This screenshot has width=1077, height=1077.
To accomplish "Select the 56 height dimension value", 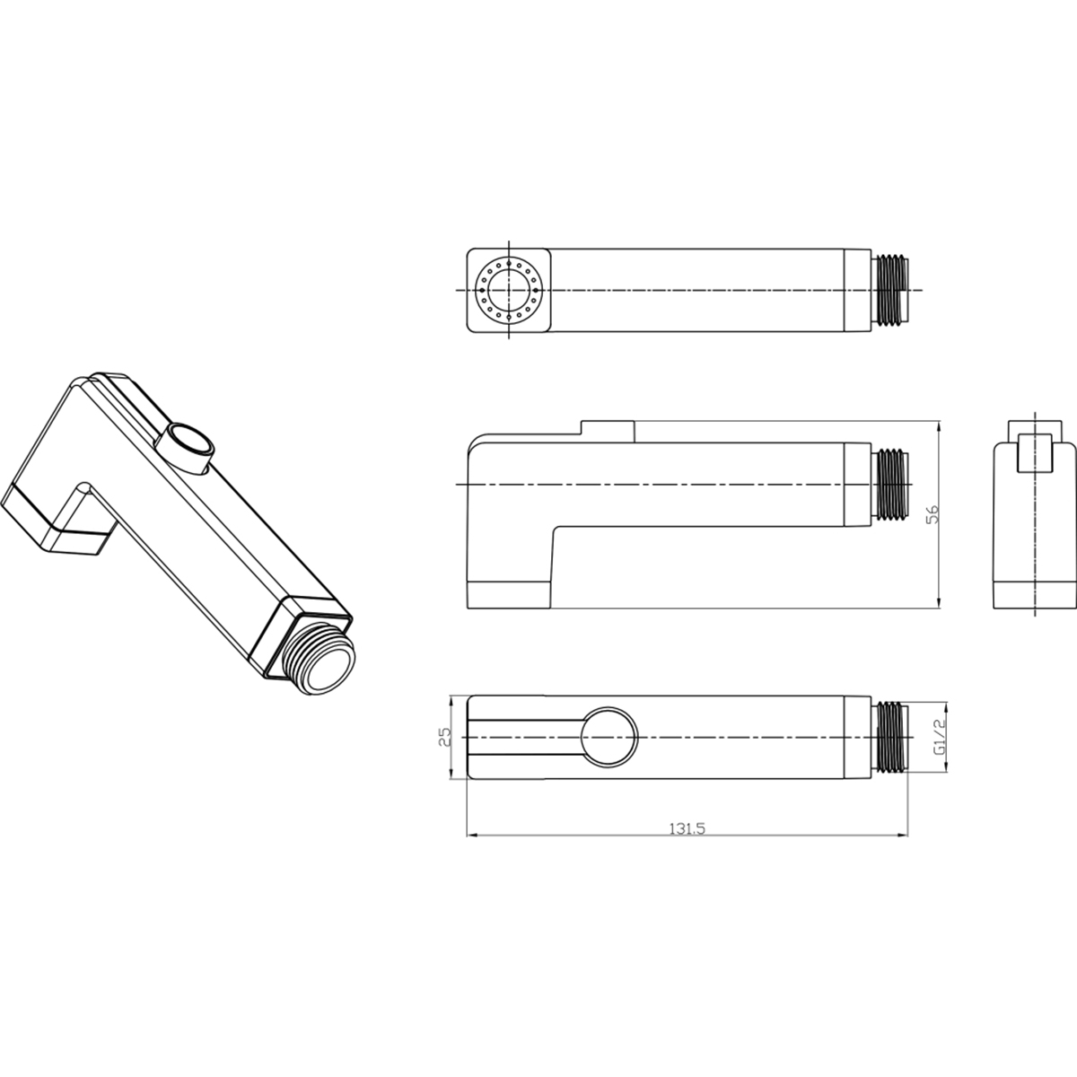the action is pos(933,514).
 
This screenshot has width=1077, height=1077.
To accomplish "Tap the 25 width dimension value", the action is pos(444,737).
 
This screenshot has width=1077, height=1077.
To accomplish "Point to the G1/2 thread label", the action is pos(939,737).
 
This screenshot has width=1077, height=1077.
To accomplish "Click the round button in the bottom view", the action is pos(609,737).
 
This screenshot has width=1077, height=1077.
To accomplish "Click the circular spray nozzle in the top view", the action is pos(508,290).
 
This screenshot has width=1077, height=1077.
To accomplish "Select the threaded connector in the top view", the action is pos(889,290).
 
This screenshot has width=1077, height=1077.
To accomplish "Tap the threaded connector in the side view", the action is pos(889,484).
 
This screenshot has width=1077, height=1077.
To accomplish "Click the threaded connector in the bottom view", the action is pos(889,737).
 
